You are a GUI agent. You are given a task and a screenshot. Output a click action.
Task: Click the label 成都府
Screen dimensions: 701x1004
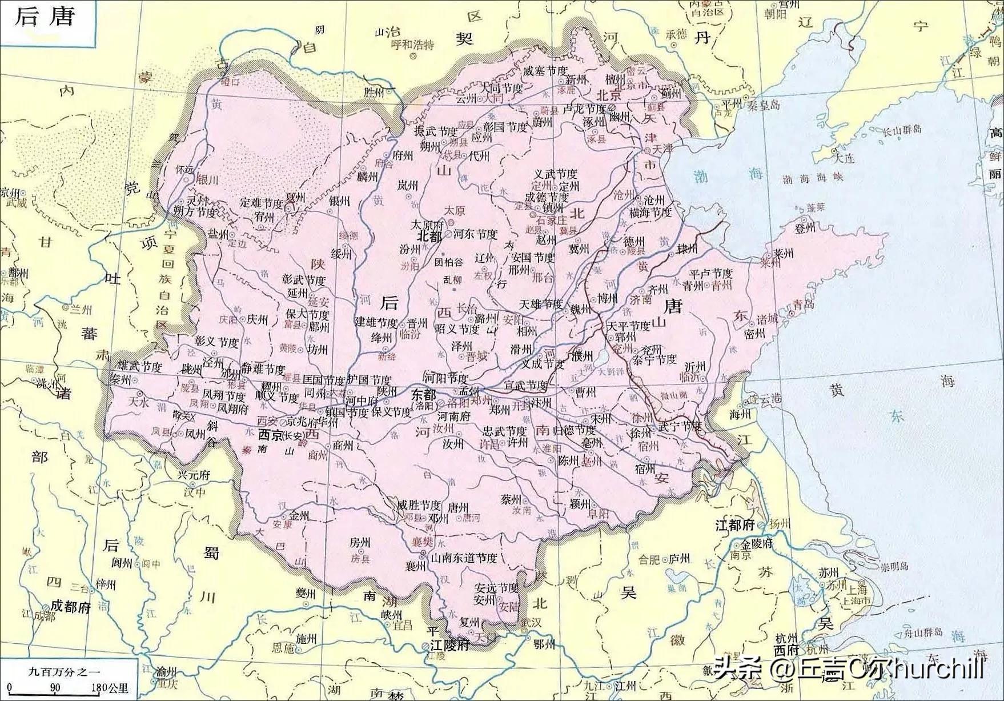[x=71, y=606]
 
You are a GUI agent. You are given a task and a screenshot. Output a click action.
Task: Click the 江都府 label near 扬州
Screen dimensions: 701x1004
[x=736, y=524]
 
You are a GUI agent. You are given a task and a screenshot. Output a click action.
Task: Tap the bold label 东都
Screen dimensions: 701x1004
[x=423, y=394]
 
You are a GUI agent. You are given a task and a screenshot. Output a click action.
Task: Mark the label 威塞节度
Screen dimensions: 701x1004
[x=545, y=71]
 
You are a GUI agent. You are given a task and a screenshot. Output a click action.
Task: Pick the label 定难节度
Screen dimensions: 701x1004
[x=261, y=203]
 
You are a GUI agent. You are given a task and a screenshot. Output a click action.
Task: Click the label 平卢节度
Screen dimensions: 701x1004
[x=711, y=274]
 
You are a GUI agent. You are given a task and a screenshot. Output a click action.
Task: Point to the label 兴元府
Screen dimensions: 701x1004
[x=194, y=475]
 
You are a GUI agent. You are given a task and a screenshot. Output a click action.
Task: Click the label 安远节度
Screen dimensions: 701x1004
[x=496, y=588]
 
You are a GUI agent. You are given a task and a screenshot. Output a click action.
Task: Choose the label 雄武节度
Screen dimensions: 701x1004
[x=139, y=367]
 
